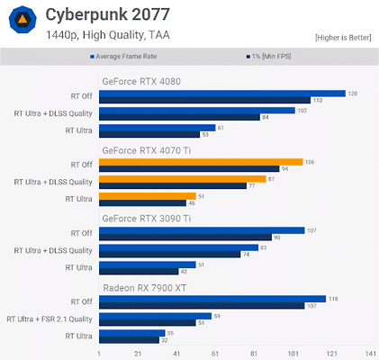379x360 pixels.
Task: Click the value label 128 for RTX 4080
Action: pos(353,93)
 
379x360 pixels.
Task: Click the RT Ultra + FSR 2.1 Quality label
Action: pos(50,319)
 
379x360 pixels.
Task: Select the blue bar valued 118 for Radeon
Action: pos(212,299)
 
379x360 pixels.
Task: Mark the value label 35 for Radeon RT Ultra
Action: pos(146,333)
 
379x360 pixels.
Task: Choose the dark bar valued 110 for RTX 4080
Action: pos(204,100)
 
